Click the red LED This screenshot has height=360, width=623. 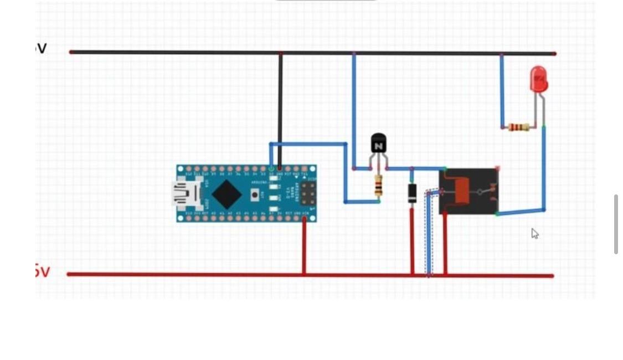[538, 79]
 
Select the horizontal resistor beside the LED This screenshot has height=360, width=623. [518, 127]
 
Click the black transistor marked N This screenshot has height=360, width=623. [378, 144]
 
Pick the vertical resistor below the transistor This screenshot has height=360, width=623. [378, 186]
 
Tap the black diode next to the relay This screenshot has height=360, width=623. [412, 193]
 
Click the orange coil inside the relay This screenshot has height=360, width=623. [460, 191]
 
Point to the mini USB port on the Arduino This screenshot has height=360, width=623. [181, 194]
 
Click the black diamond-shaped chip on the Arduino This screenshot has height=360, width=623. [226, 194]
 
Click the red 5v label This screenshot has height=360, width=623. [42, 271]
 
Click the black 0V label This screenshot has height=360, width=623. [41, 49]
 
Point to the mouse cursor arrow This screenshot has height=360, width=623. [534, 233]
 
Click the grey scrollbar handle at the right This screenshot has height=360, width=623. [616, 224]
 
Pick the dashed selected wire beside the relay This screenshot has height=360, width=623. [428, 238]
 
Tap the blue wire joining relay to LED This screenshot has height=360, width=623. [543, 172]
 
